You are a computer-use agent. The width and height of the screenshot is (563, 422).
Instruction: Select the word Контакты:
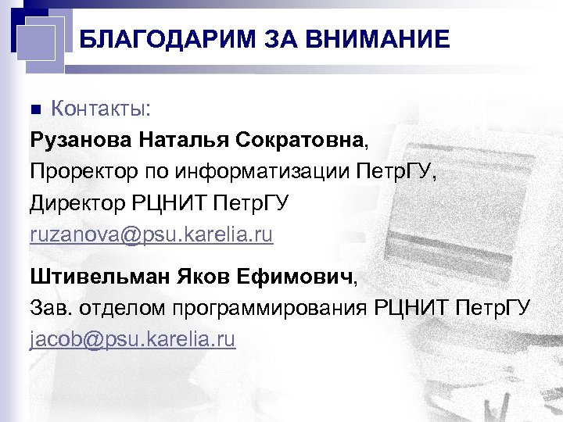tap(101, 108)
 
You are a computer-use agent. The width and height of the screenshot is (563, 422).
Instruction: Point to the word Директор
tap(77, 203)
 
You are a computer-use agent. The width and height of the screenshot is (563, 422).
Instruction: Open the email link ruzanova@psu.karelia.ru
tap(152, 235)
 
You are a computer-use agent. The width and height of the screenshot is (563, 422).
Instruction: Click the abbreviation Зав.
tap(52, 308)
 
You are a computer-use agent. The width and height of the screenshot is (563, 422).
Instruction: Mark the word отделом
tap(119, 308)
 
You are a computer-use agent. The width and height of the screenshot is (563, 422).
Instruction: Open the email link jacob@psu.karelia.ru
tap(133, 340)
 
